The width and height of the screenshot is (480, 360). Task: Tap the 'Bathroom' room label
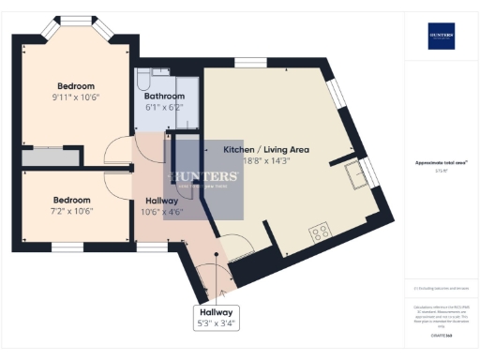[x=165, y=97]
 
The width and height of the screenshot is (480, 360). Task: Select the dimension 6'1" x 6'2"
[x=165, y=108]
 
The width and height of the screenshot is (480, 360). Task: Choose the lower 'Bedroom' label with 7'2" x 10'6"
[x=71, y=200]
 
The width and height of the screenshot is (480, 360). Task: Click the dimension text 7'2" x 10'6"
[x=71, y=212]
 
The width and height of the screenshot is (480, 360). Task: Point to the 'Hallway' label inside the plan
[x=162, y=200]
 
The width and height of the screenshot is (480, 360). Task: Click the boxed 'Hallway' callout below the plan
[x=215, y=312]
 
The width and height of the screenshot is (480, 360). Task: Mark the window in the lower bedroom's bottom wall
[x=66, y=247]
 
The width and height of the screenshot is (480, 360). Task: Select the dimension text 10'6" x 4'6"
[x=162, y=212]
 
